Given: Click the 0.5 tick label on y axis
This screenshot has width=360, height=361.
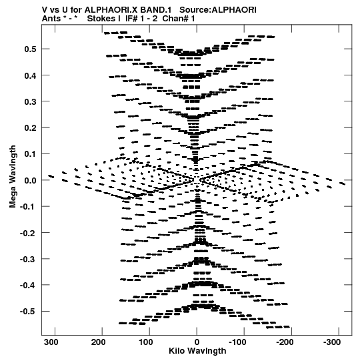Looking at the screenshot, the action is click(31, 49).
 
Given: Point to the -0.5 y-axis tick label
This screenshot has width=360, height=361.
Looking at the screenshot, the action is click(28, 312).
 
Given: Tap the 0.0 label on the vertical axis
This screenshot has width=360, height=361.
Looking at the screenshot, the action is click(31, 180).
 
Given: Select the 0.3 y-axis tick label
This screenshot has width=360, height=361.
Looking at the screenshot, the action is click(31, 101).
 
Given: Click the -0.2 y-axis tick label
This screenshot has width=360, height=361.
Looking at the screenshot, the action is click(28, 233).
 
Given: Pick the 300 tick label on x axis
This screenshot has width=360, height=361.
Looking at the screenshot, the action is click(51, 342).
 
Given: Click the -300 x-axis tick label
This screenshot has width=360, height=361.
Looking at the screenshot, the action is click(332, 342).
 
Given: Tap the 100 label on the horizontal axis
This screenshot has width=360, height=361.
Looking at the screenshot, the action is click(145, 342).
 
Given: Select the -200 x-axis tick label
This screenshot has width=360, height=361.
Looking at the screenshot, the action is click(285, 342).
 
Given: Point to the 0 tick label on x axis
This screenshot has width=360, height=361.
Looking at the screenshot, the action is click(197, 342).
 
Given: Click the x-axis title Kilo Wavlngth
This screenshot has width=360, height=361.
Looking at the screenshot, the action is click(197, 351).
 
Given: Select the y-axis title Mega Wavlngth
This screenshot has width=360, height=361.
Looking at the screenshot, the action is click(13, 177).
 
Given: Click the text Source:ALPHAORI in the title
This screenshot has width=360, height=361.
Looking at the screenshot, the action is click(217, 10).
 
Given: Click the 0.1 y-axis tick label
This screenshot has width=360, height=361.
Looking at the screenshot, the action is click(31, 154).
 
